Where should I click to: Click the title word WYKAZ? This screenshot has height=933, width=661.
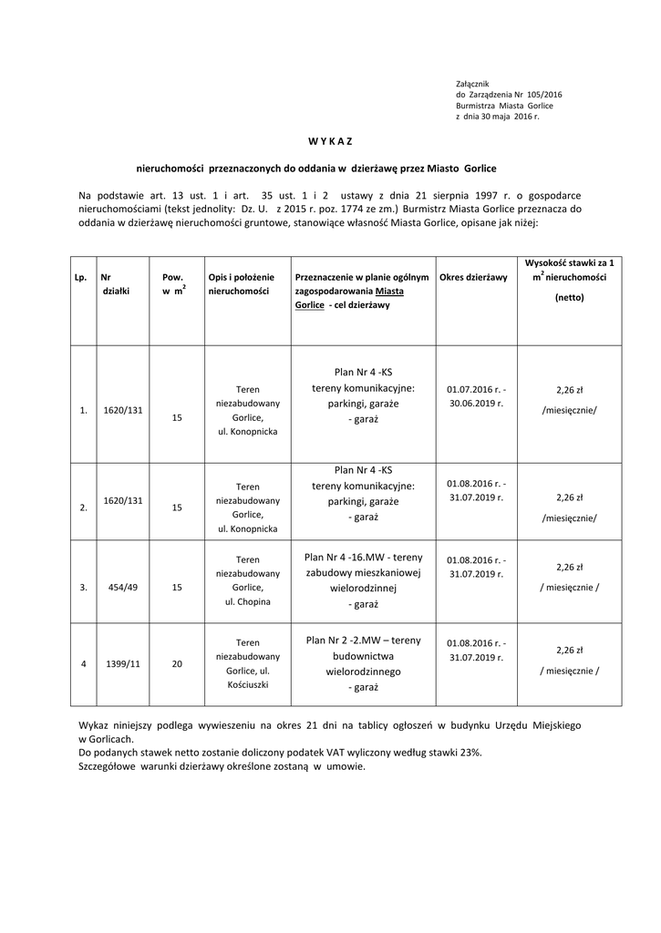(329, 141)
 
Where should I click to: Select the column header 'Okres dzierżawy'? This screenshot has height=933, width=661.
(473, 277)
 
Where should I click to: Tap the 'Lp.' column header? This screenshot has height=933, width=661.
(80, 277)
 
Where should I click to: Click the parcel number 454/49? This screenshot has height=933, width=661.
(117, 588)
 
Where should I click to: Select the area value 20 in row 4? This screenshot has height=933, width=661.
(177, 663)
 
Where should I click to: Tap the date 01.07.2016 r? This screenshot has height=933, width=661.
(473, 389)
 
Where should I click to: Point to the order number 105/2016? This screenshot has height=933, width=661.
(545, 95)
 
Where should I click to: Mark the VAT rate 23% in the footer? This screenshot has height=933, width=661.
(471, 754)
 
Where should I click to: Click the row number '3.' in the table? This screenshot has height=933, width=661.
(83, 588)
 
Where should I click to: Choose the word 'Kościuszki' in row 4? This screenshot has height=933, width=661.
(247, 684)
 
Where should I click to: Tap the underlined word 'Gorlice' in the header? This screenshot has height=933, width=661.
(310, 305)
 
